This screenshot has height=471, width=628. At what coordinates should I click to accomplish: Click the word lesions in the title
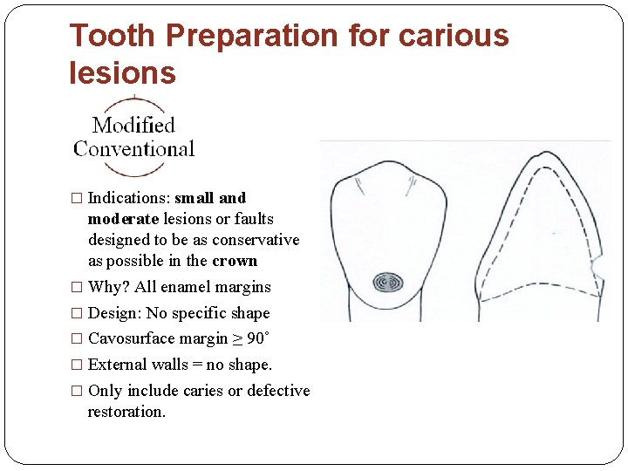tap(122, 73)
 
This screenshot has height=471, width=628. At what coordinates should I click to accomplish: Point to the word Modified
tap(133, 126)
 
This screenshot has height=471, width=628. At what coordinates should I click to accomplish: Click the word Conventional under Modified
tap(133, 149)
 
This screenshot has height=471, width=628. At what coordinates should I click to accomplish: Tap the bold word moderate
tap(123, 219)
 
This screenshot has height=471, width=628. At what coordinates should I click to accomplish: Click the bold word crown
tap(235, 261)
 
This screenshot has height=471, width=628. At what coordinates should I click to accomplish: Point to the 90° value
tap(258, 338)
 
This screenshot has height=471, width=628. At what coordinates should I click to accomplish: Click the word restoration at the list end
tap(126, 412)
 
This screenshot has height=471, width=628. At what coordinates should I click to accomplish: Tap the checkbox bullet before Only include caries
tap(76, 391)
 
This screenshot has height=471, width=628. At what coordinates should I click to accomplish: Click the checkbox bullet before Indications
tap(76, 199)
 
